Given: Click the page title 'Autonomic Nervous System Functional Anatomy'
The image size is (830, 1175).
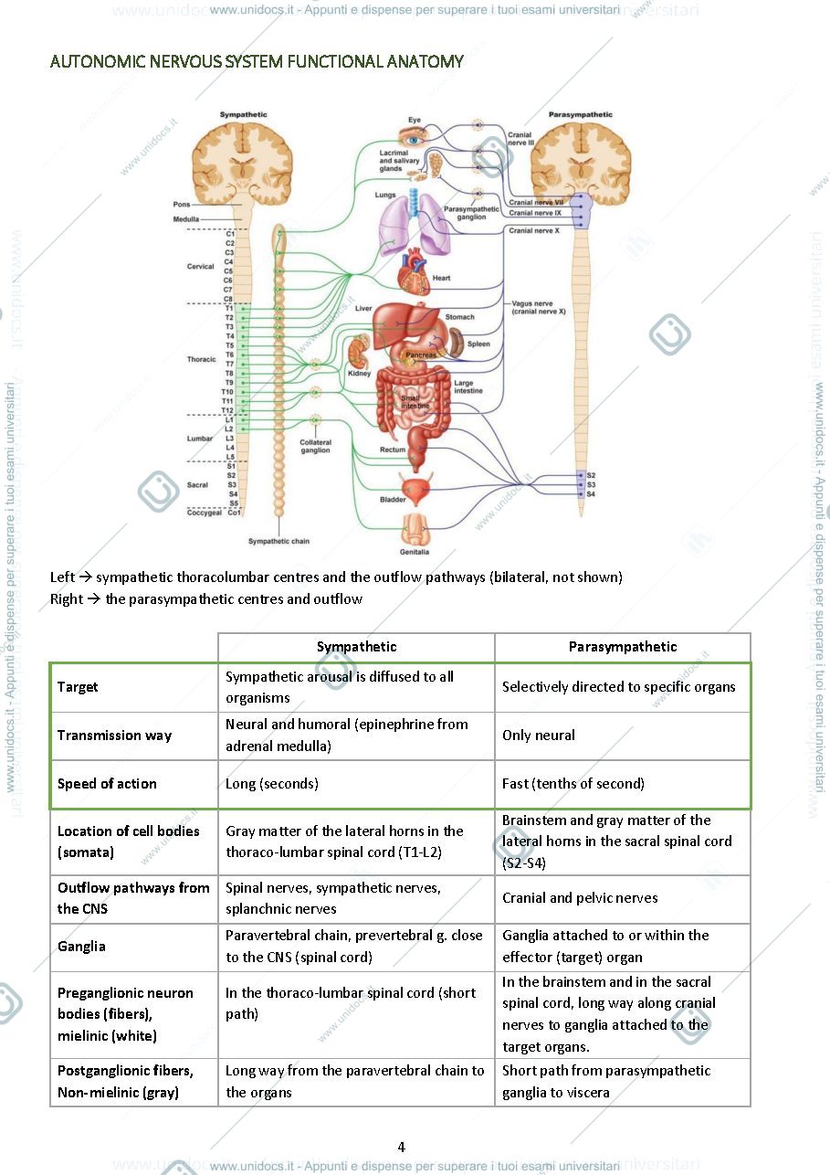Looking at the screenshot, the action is point(257,61).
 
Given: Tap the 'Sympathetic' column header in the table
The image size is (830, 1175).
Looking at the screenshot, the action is point(356,646).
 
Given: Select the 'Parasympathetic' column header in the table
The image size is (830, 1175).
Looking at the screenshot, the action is point(623,646).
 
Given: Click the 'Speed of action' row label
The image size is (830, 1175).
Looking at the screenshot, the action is point(107,783).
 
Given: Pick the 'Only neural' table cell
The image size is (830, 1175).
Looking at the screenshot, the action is point(539,735).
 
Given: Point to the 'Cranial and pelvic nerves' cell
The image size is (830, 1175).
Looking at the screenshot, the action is point(580,897).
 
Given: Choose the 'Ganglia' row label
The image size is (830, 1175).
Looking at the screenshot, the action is point(81,946).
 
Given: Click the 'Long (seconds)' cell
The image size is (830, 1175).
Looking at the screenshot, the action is point(272,783).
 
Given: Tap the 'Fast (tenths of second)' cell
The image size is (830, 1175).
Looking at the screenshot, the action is point(573,783).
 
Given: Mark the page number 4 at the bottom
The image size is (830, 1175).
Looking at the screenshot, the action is point(401,1147).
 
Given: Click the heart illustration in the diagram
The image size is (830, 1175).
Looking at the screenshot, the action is point(415,271).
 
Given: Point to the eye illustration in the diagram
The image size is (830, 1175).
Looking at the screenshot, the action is point(413,138).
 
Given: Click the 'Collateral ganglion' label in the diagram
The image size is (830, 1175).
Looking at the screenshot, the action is point(315,446).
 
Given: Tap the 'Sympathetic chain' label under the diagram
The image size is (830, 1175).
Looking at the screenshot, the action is point(278,541).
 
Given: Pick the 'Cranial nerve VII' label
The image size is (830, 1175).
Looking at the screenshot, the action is point(536,202).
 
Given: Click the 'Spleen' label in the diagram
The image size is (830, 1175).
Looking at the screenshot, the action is point(478,344).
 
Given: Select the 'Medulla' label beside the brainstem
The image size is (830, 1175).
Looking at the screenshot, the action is point(186,218).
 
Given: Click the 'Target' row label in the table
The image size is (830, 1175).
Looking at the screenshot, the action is point(78,687).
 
